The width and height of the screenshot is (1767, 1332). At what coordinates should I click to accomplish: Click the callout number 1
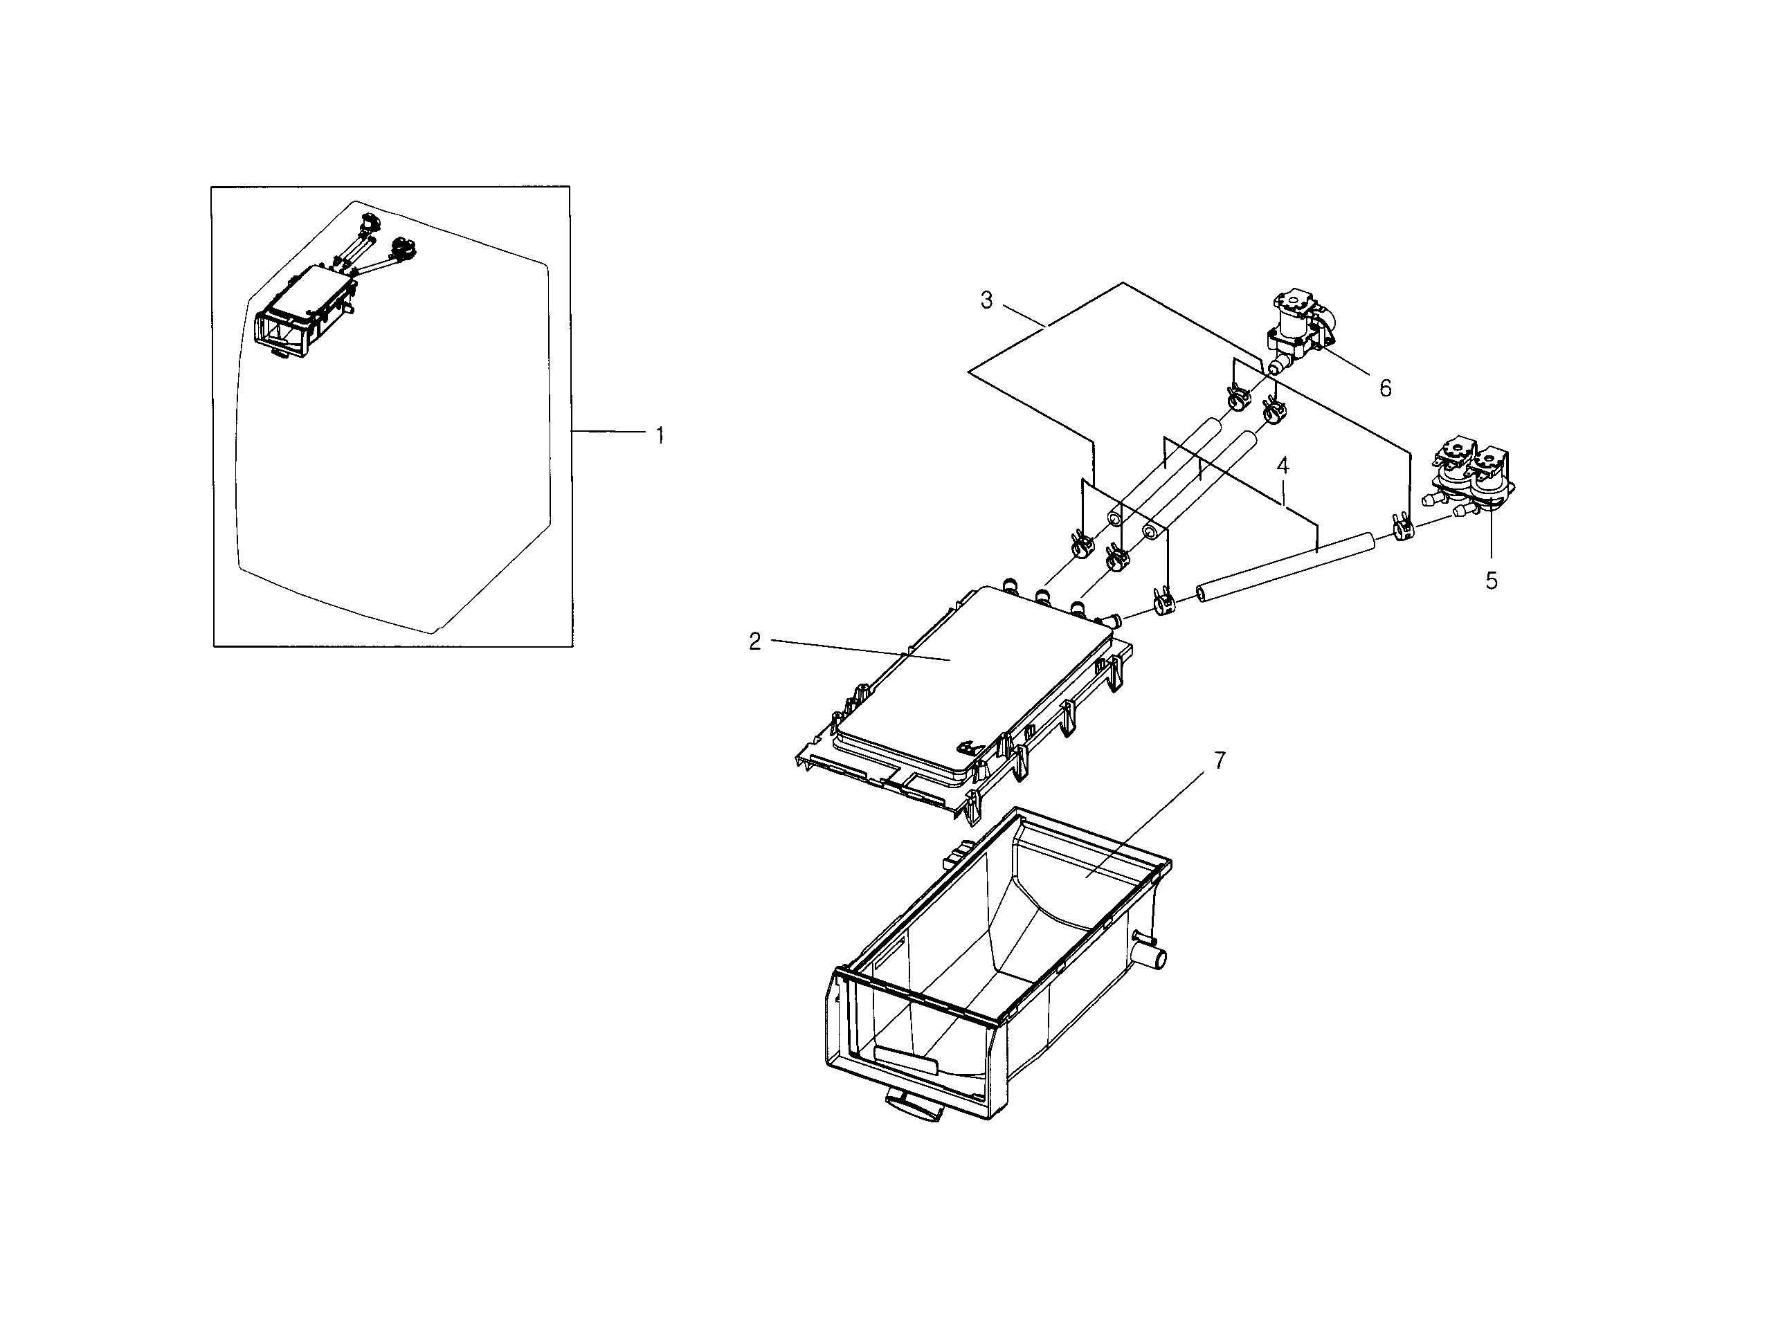coord(660,436)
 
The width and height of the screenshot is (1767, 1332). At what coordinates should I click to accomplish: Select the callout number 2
coord(755,641)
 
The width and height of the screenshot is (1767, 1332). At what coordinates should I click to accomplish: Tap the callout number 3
coord(986,301)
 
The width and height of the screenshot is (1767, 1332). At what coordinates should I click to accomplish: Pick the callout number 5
coord(1492,581)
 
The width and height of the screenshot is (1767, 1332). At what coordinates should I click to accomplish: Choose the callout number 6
coord(1385,388)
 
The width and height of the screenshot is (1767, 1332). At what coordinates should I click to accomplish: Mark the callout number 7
coord(1220,761)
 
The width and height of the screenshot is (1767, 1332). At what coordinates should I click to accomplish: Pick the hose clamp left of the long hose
coord(1162,605)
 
